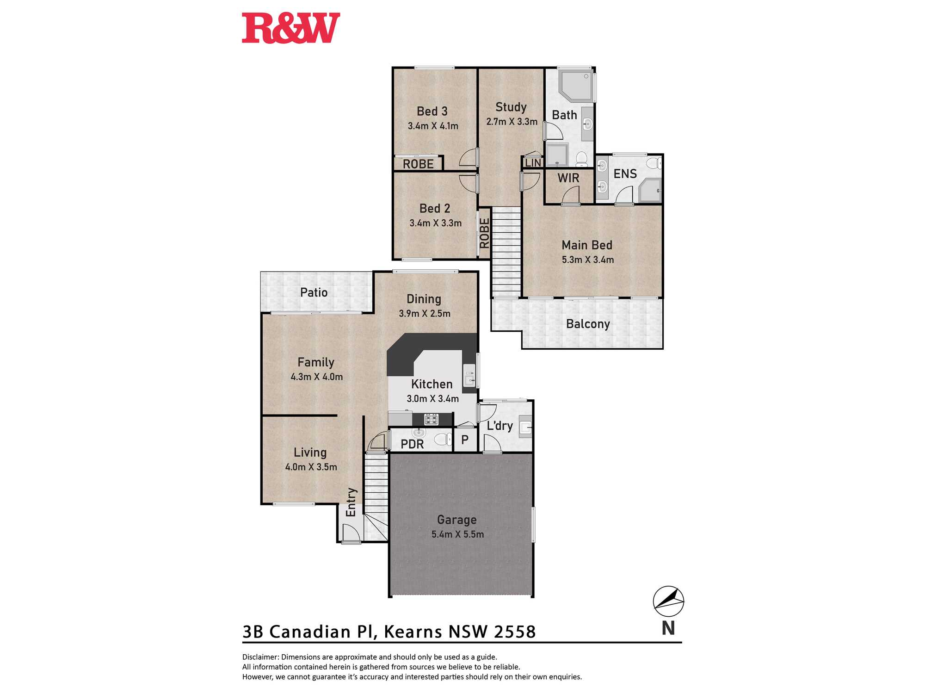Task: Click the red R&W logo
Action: coord(291,28)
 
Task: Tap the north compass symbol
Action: coord(668,601)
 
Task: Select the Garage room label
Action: coord(457,520)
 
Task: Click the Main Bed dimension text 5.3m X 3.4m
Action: coord(588,260)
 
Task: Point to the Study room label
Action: coord(511,107)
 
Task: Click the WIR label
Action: coord(568,178)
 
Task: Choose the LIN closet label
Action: coord(533,163)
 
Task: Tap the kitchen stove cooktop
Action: coord(431,420)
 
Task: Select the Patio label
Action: coord(314,292)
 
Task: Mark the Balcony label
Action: coord(588,324)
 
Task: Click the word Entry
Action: coord(351,502)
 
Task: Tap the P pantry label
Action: coord(465,440)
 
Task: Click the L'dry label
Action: coord(500,426)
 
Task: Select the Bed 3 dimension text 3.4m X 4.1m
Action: coord(433,126)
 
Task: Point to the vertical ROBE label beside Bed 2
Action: coord(484,233)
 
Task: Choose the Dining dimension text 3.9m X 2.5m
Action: coord(425,314)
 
